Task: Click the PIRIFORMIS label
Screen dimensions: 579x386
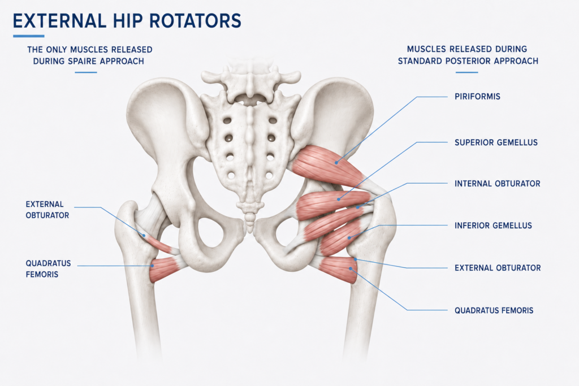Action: point(477,97)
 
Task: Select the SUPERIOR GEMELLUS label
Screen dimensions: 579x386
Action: point(496,142)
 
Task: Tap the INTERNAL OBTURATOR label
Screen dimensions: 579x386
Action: point(498,184)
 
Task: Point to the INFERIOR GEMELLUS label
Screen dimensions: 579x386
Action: point(493,225)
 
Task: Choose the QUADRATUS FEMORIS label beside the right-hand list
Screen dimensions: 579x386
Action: point(494,310)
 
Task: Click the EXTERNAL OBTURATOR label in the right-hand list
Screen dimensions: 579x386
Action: point(498,268)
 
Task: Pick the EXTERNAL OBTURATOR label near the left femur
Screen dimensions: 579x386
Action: point(47,210)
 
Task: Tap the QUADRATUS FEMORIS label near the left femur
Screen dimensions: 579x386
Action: point(48,268)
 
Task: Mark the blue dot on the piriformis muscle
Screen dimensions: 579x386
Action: point(336,162)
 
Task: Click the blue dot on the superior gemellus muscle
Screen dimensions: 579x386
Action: point(339,199)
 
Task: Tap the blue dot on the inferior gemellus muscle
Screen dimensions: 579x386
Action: point(349,238)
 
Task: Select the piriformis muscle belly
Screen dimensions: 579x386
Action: point(327,165)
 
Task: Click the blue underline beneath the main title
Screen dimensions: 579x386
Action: point(29,36)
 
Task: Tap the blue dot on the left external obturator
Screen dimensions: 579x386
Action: point(144,235)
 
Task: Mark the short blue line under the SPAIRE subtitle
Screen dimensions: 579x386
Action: point(86,72)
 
